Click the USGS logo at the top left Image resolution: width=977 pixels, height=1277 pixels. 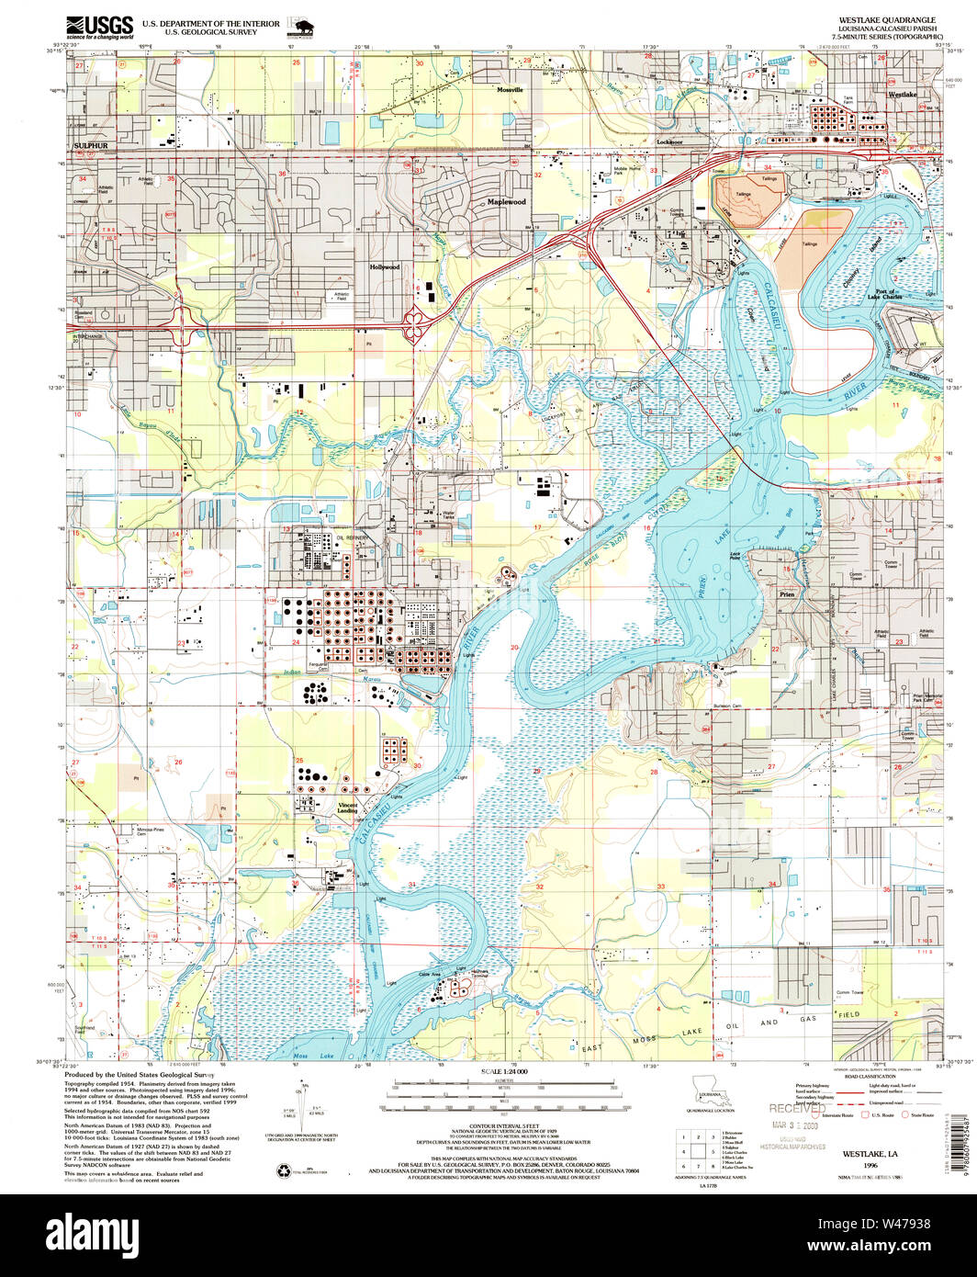point(99,26)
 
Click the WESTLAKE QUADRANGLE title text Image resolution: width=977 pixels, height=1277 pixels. point(887,19)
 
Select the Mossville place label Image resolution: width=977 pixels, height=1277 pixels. point(510,90)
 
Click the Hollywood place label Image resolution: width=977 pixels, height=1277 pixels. point(385,267)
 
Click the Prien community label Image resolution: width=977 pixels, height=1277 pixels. point(787,594)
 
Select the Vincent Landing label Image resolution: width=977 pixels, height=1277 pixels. point(347,808)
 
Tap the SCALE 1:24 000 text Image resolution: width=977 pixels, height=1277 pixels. point(504,1072)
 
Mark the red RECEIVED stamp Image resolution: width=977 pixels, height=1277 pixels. point(798,1110)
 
